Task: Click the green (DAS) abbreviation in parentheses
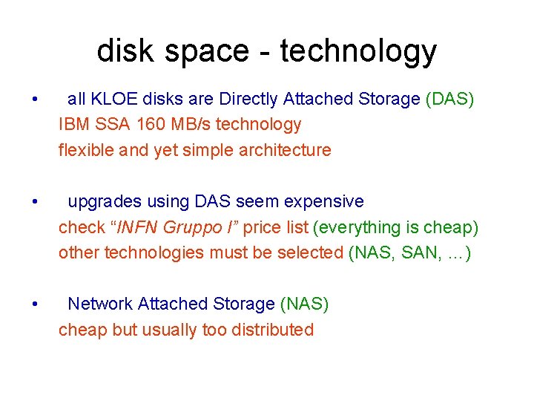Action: (449, 99)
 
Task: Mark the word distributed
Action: (269, 330)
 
